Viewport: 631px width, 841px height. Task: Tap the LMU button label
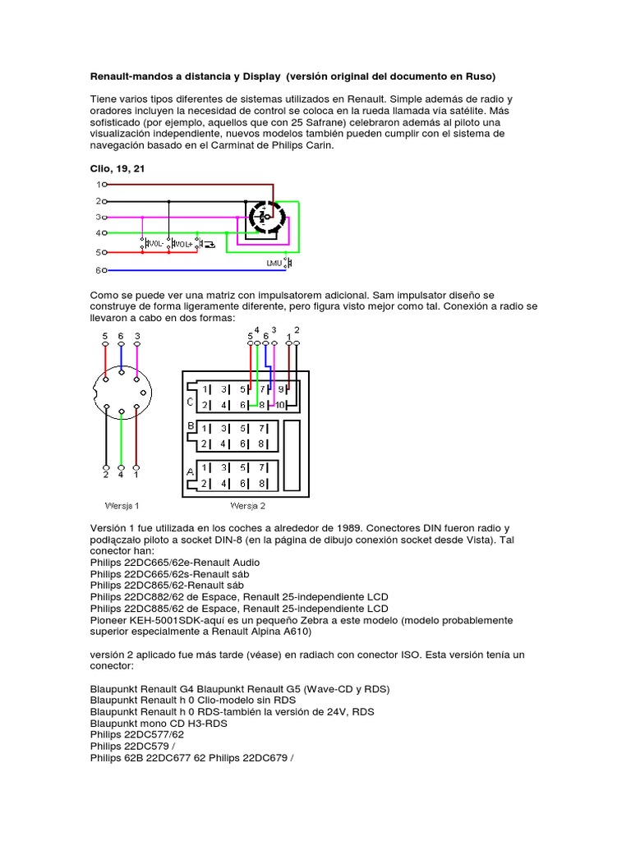(274, 262)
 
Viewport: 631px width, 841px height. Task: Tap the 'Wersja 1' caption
(122, 505)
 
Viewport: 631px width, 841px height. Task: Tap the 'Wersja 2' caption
(247, 505)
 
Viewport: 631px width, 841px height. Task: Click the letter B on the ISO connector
(191, 427)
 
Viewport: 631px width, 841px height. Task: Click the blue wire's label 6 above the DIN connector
(121, 336)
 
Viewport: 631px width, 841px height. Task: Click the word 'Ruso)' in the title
(479, 77)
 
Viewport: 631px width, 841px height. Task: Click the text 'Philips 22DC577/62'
(137, 734)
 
